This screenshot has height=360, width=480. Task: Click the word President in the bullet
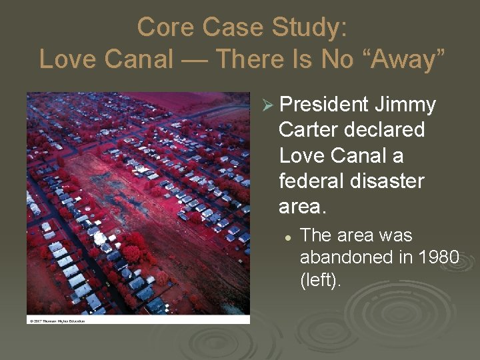(x=324, y=105)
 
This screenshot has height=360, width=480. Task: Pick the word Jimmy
(x=405, y=105)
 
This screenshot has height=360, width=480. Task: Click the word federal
(x=312, y=181)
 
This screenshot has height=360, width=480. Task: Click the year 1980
(x=437, y=258)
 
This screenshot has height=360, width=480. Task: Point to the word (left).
(x=321, y=280)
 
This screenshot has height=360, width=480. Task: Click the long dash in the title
(x=193, y=59)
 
